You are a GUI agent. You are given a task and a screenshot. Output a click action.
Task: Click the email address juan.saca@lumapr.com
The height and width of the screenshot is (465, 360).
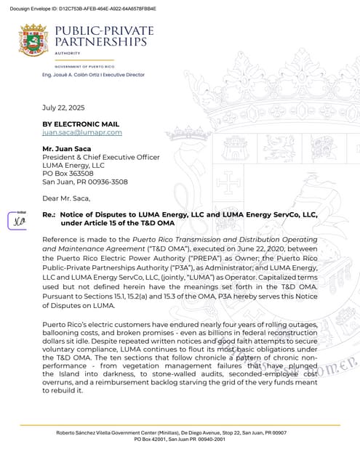click(x=82, y=133)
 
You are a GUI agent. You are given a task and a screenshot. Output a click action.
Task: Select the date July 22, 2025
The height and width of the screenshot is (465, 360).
click(x=62, y=107)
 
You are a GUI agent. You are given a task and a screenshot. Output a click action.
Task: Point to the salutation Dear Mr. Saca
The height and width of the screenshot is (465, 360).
click(x=66, y=198)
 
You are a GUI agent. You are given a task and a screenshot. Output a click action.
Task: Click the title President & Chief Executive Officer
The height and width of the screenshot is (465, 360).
click(x=100, y=157)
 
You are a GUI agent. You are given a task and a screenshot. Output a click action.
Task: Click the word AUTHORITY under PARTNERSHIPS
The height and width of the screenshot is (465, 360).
click(x=66, y=53)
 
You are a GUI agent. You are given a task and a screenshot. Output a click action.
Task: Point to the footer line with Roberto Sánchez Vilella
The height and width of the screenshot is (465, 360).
click(x=179, y=433)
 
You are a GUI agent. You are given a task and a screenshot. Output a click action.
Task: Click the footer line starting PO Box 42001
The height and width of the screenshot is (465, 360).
click(x=179, y=440)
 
